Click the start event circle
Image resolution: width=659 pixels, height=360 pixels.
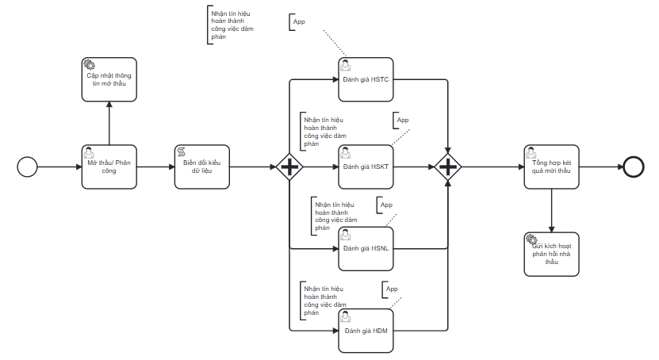[28, 167]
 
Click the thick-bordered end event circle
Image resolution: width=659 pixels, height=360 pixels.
[634, 167]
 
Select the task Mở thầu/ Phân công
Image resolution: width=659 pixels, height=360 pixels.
[109, 167]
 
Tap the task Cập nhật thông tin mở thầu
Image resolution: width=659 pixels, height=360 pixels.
[109, 79]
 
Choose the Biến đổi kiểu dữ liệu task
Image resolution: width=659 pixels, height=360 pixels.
[201, 167]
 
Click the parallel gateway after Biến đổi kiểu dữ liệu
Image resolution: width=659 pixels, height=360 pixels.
[289, 167]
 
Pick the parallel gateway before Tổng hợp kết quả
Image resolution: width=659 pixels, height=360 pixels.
[448, 167]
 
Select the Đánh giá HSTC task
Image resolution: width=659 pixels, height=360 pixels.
[366, 80]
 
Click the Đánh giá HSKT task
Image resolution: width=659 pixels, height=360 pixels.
[366, 167]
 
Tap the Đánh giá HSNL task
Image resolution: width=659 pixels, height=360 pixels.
[366, 248]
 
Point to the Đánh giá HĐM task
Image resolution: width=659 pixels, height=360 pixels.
[366, 329]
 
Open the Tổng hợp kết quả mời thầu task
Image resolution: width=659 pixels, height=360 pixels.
[551, 167]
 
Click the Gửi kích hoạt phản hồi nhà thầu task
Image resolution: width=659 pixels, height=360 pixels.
[551, 254]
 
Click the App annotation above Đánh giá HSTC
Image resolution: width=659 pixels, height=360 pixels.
[299, 21]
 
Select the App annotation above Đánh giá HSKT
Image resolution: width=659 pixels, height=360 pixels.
[403, 120]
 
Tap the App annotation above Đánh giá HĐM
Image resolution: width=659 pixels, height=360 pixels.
[391, 289]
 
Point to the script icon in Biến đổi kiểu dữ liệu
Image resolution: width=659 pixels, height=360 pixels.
[181, 151]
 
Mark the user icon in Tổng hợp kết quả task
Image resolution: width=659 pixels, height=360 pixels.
[531, 151]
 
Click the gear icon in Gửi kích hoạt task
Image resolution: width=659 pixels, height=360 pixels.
[531, 239]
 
